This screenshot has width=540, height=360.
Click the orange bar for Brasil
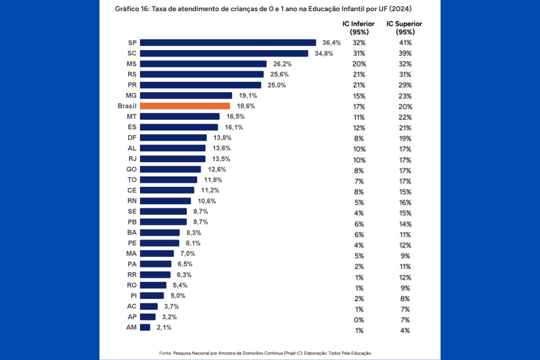pyautogui.click(x=185, y=106)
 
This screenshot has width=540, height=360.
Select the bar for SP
pyautogui.click(x=228, y=43)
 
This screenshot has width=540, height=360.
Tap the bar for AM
pyautogui.click(x=145, y=328)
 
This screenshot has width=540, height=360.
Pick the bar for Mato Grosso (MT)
pyautogui.click(x=180, y=117)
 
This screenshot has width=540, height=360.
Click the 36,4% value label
pyautogui.click(x=332, y=43)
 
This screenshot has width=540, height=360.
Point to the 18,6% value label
pyautogui.click(x=246, y=106)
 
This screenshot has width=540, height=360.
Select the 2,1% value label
pyautogui.click(x=164, y=328)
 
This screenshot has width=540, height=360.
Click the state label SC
pyautogui.click(x=132, y=53)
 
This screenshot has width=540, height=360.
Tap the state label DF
pyautogui.click(x=132, y=138)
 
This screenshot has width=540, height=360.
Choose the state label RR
pyautogui.click(x=132, y=275)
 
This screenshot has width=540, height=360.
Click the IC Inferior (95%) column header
pyautogui.click(x=359, y=28)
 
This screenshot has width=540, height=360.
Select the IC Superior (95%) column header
pyautogui.click(x=404, y=28)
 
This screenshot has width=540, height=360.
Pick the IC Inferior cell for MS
pyautogui.click(x=359, y=64)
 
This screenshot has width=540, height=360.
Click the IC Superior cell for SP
pyautogui.click(x=405, y=43)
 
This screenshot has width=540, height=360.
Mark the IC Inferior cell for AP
pyautogui.click(x=359, y=320)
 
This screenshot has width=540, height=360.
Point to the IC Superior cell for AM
pyautogui.click(x=405, y=331)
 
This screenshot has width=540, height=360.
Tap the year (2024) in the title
pyautogui.click(x=400, y=9)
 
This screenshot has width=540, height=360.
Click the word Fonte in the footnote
pyautogui.click(x=165, y=353)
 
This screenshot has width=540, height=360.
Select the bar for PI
pyautogui.click(x=152, y=296)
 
